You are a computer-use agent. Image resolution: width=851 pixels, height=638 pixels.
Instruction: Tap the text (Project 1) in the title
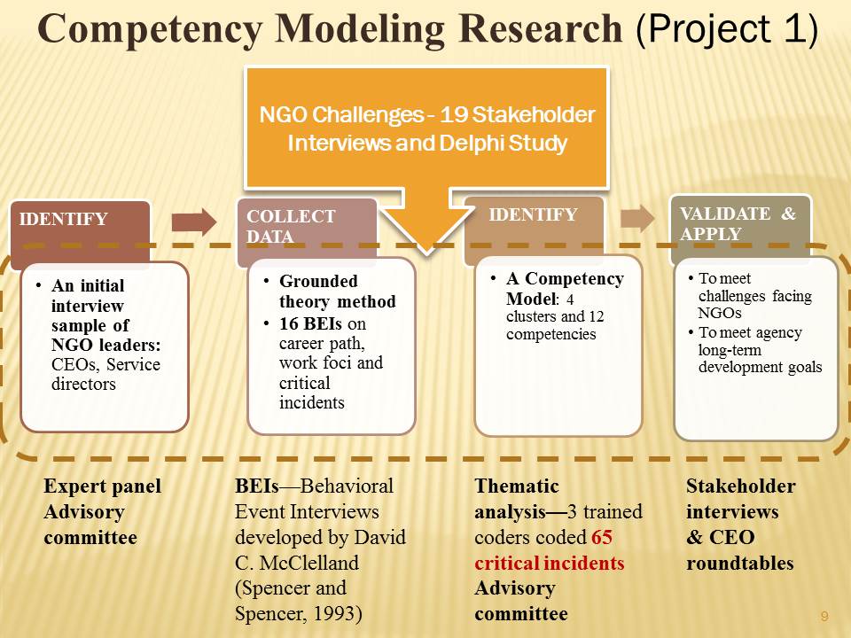click(x=726, y=29)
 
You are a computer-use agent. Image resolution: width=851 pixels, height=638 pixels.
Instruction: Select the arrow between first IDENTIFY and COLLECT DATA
click(x=194, y=222)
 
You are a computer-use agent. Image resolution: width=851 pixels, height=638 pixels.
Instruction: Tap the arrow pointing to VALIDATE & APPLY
click(x=637, y=218)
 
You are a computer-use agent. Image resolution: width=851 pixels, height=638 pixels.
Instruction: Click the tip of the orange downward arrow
click(x=426, y=253)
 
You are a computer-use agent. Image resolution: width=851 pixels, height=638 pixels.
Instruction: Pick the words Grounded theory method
click(x=337, y=292)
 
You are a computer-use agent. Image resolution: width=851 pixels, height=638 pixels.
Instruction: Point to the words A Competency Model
click(x=565, y=289)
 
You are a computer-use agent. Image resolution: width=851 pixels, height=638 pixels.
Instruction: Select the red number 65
click(x=602, y=537)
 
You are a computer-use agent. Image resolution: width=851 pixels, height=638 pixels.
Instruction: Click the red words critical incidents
click(x=550, y=564)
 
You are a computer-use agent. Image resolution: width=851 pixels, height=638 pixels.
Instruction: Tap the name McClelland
click(x=308, y=563)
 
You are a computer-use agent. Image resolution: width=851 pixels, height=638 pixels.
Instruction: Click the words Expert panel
click(x=103, y=486)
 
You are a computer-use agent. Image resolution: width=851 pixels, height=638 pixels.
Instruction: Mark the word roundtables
click(x=739, y=564)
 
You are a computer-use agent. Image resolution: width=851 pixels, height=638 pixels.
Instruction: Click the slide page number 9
click(x=824, y=617)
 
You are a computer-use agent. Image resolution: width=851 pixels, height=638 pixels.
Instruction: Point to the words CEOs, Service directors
click(x=105, y=374)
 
